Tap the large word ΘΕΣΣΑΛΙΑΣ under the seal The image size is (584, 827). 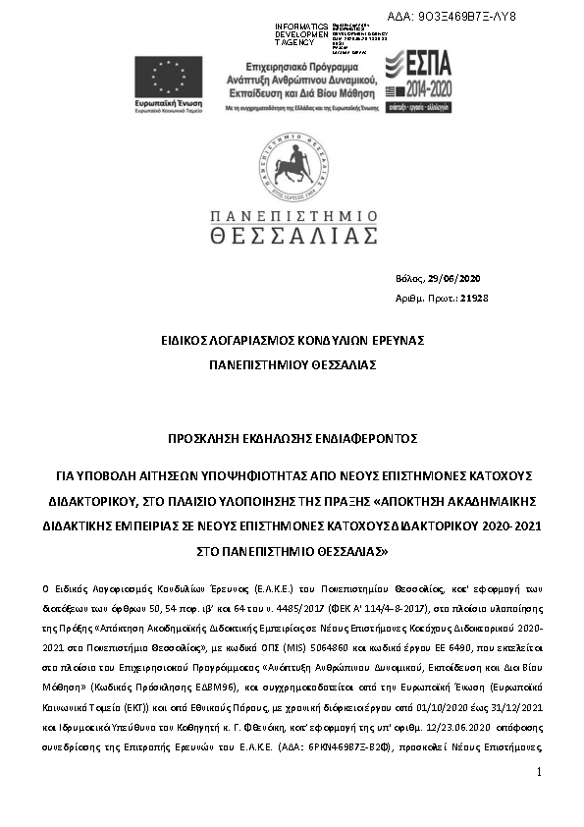292,235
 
